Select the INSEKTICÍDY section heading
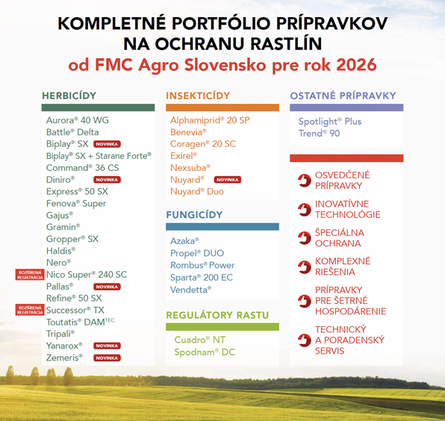(x=198, y=96)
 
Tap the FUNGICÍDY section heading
(x=194, y=215)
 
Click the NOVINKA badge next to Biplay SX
(x=107, y=144)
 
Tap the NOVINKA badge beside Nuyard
(x=227, y=180)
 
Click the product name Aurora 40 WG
(x=77, y=120)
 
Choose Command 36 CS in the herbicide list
(x=82, y=168)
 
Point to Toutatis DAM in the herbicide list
(x=81, y=322)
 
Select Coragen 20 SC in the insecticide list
(x=202, y=144)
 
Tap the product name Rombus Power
(x=202, y=265)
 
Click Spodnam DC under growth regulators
(x=205, y=352)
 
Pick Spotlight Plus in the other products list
(x=330, y=122)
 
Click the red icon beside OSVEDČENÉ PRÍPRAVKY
(x=304, y=180)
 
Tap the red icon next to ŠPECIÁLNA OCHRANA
(x=304, y=238)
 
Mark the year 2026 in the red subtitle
(x=355, y=64)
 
